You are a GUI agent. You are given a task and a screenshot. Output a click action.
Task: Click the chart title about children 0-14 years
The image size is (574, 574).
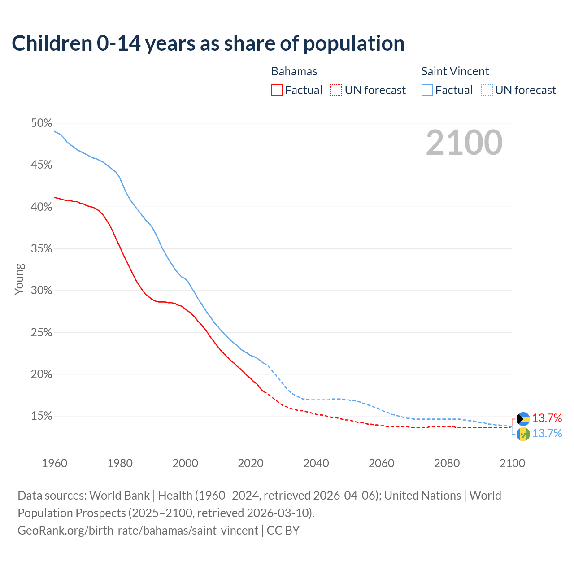pyautogui.click(x=208, y=43)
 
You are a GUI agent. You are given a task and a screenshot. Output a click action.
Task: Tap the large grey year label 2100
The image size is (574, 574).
pyautogui.click(x=464, y=143)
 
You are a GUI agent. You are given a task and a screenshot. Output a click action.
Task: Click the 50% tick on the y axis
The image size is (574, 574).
pyautogui.click(x=41, y=123)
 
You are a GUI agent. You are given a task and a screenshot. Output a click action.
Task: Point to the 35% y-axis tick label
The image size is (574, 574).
pyautogui.click(x=41, y=249)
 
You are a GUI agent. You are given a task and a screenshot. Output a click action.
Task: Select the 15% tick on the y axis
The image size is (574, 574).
pyautogui.click(x=41, y=416)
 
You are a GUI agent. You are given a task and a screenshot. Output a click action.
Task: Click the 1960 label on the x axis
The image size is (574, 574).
pyautogui.click(x=54, y=463)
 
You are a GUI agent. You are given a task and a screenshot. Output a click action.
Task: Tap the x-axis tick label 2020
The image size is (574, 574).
pyautogui.click(x=250, y=463)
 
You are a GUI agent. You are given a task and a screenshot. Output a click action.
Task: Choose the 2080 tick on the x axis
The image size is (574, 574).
pyautogui.click(x=447, y=463)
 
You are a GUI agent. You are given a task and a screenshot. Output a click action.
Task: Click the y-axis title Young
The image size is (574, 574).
pyautogui.click(x=19, y=279)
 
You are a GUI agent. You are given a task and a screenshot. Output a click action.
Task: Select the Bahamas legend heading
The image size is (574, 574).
pyautogui.click(x=294, y=71)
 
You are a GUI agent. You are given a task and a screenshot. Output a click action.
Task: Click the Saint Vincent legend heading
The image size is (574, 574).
pyautogui.click(x=455, y=71)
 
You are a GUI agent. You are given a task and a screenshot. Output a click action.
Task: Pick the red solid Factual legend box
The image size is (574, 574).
pyautogui.click(x=277, y=90)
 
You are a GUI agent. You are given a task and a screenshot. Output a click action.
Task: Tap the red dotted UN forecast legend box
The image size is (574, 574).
pyautogui.click(x=336, y=90)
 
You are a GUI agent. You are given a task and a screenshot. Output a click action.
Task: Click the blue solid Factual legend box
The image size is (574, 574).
pyautogui.click(x=427, y=90)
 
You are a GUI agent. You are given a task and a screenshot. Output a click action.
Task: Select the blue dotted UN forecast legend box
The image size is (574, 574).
pyautogui.click(x=487, y=90)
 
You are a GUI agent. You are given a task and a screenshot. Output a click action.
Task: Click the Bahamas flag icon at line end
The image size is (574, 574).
pyautogui.click(x=523, y=419)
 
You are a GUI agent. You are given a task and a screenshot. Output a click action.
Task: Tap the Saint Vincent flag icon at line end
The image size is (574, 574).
pyautogui.click(x=523, y=434)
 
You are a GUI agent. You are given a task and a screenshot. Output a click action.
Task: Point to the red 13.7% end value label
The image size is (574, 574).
pyautogui.click(x=547, y=418)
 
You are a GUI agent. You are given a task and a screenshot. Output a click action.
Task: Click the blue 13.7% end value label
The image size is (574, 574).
pyautogui.click(x=547, y=433)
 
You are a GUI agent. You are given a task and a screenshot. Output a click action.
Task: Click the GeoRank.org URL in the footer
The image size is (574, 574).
pyautogui.click(x=138, y=531)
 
